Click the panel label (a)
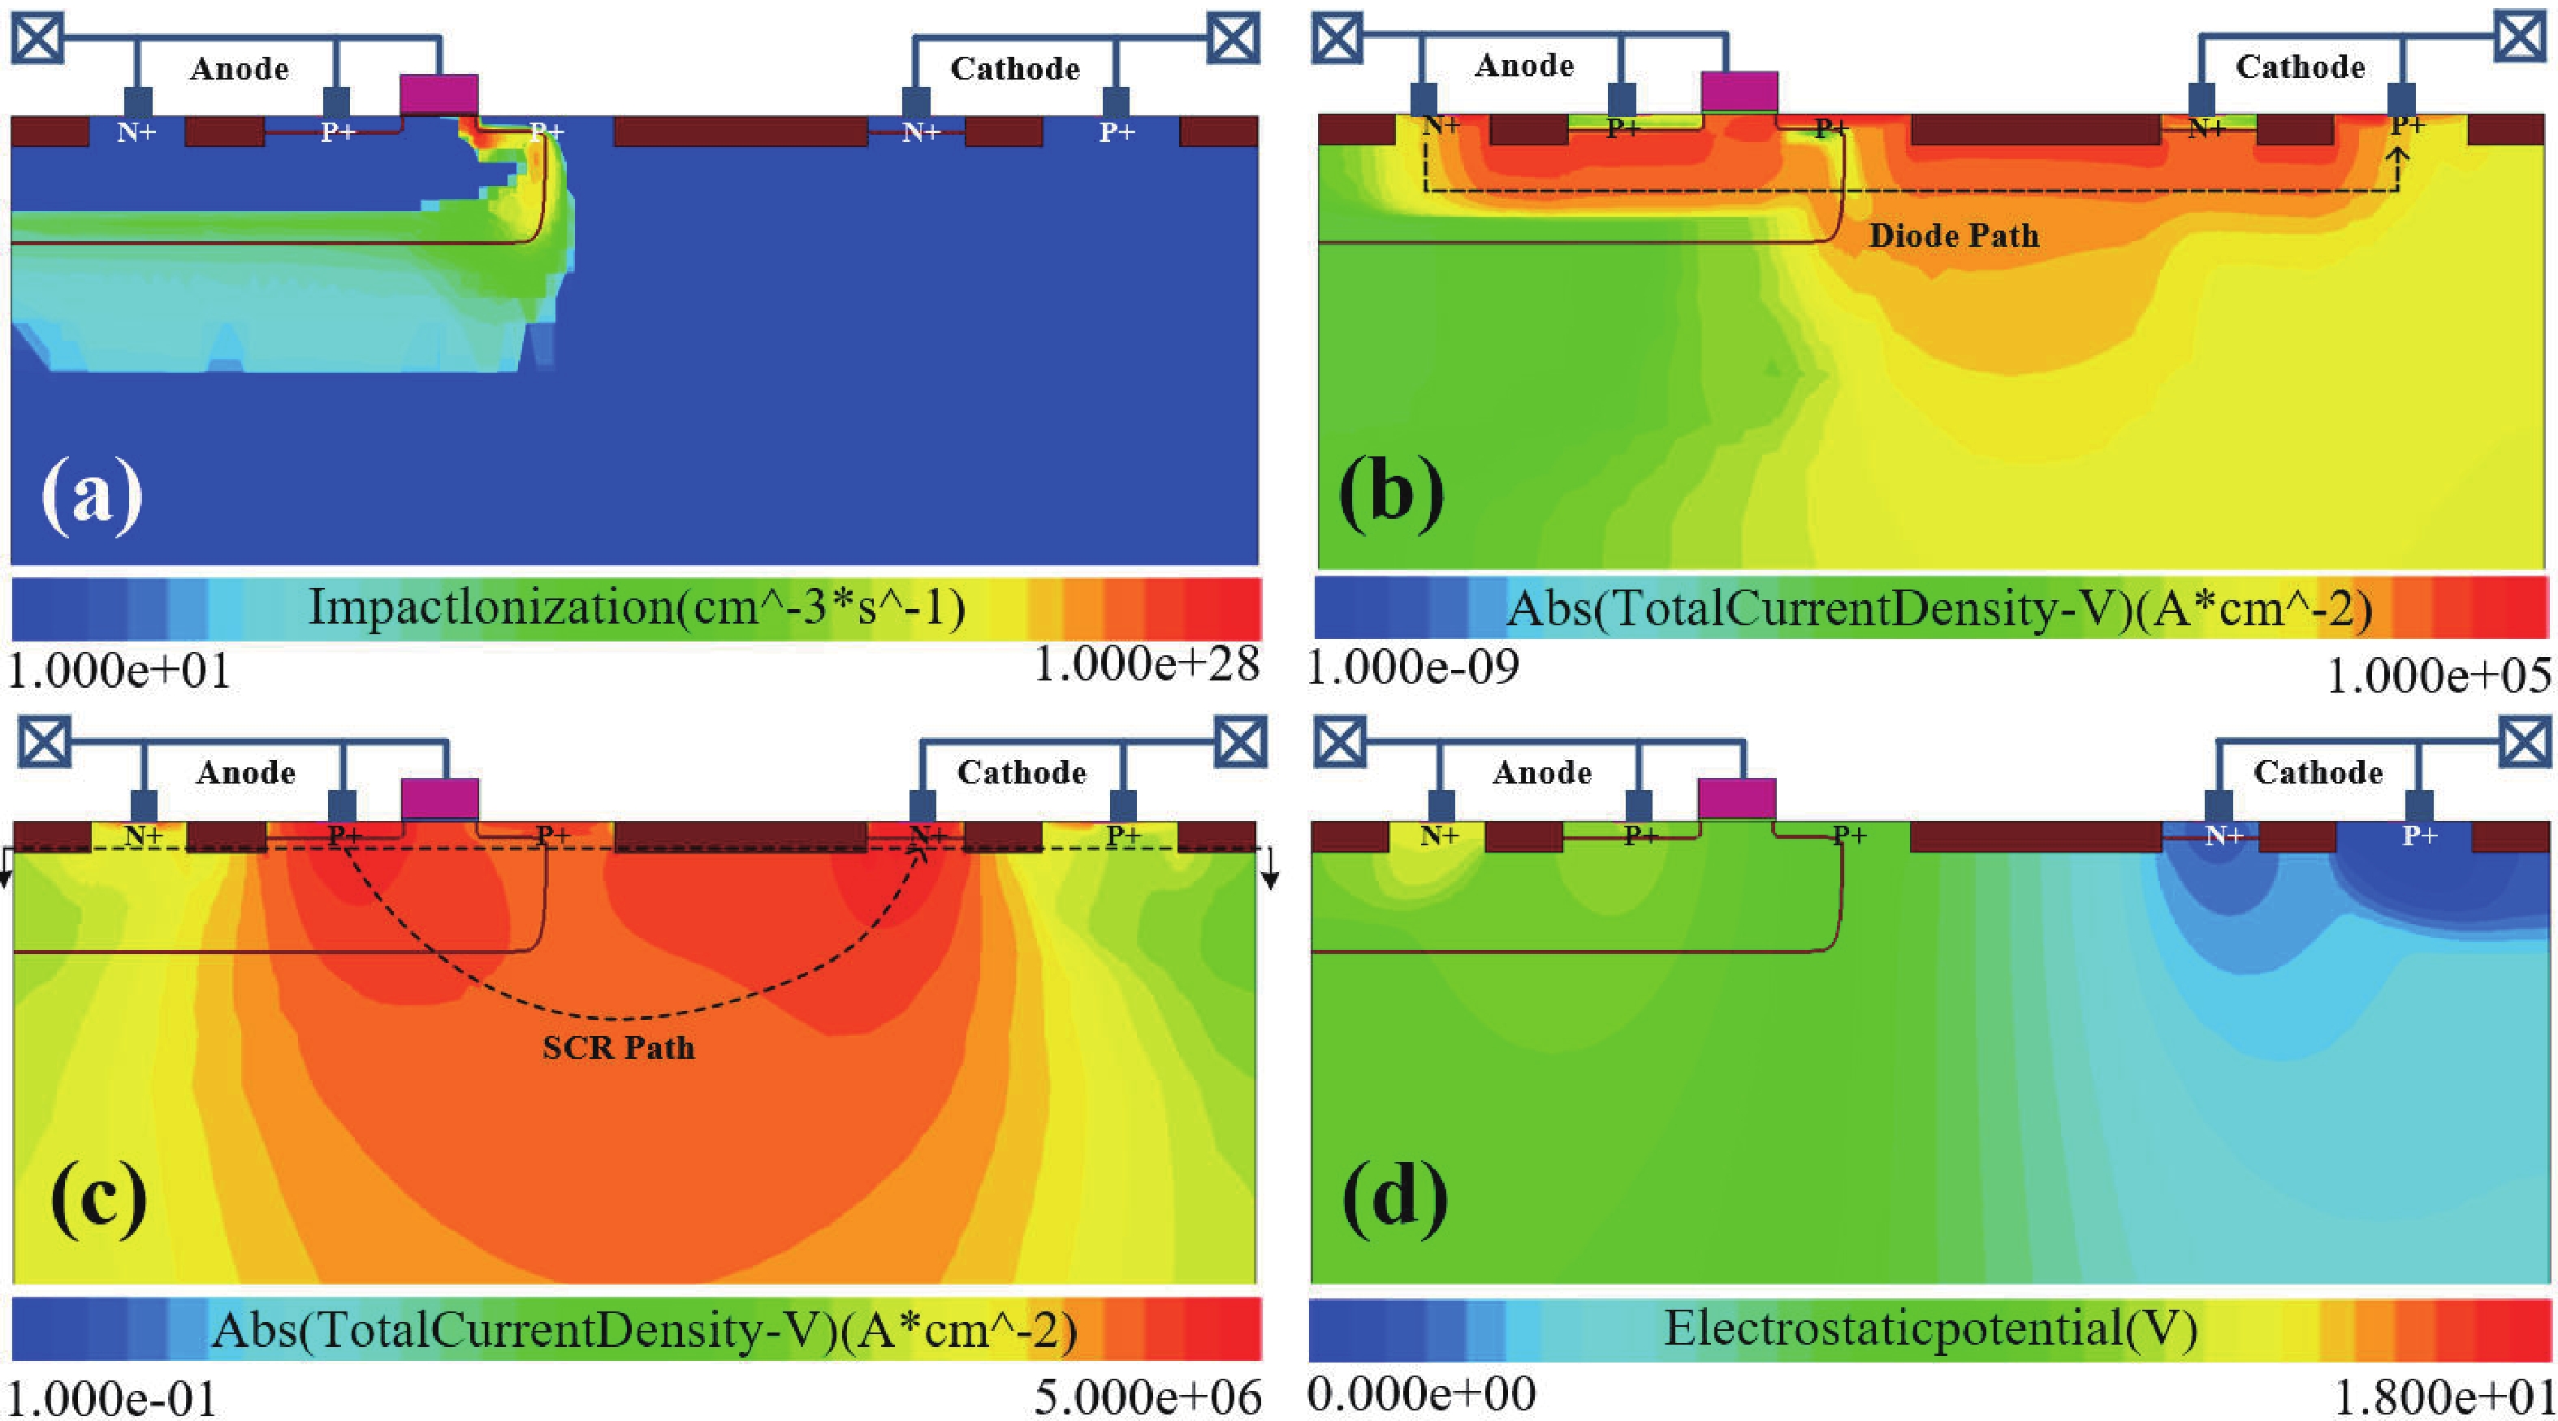coord(91,495)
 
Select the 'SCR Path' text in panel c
coord(619,1047)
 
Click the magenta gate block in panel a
coord(439,94)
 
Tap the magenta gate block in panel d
coord(1737,798)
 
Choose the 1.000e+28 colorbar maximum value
coord(1147,665)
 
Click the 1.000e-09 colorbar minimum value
coord(1412,668)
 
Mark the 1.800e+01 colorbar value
coord(2442,1397)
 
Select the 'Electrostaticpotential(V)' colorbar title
coord(1930,1328)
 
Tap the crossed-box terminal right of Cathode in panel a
coord(1234,37)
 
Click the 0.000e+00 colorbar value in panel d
coord(1421,1394)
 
